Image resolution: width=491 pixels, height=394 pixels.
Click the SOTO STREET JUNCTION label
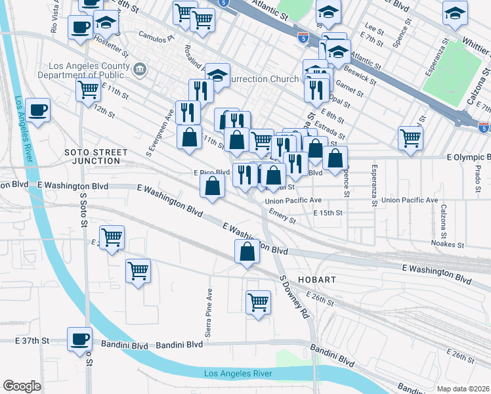point(96,156)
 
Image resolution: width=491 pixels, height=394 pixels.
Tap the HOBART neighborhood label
point(316,280)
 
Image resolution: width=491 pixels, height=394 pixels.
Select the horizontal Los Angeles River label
point(238,374)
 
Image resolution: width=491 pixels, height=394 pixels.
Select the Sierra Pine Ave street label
point(209,313)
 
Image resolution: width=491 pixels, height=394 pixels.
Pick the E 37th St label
point(33,341)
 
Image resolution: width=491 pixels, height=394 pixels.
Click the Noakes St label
point(448,245)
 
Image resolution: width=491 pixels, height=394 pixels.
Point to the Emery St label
point(283,215)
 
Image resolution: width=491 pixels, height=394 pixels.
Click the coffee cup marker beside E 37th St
point(81,338)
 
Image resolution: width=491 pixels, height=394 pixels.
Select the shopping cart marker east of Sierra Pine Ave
point(258,303)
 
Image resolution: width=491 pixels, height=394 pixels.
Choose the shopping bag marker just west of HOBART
point(247,252)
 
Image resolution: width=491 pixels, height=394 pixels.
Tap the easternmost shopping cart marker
point(410,138)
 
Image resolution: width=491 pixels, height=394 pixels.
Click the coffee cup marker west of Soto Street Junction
point(39,110)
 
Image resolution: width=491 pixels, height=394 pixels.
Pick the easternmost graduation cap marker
point(454,12)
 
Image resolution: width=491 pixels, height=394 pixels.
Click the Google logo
point(22,386)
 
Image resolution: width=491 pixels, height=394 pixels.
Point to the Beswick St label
point(360,76)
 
